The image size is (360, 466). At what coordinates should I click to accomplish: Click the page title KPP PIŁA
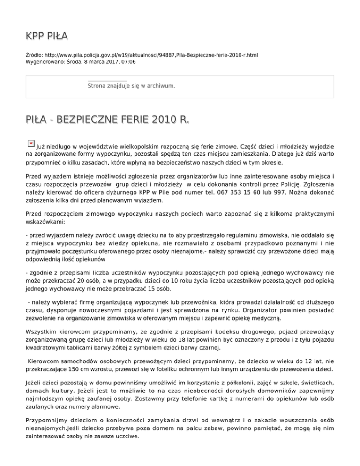[47, 36]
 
